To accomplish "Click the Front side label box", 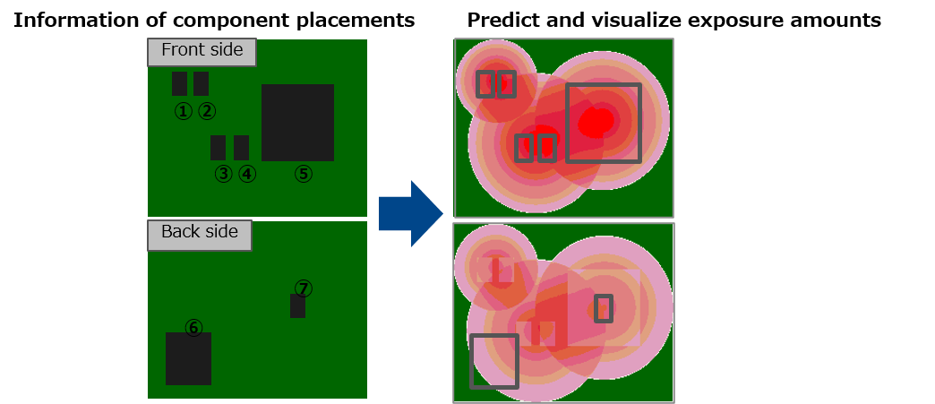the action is [202, 52].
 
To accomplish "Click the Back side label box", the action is [199, 235].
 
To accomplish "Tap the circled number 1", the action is [183, 110].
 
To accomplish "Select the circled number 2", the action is [206, 110].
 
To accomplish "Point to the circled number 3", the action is [223, 174].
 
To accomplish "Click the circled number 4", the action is [247, 174].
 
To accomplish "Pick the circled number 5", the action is [303, 174].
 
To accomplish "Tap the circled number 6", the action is [193, 327].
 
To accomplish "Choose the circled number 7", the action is [303, 288].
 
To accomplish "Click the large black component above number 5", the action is [297, 123].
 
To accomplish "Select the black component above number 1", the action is [179, 83].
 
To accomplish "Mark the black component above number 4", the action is [241, 148].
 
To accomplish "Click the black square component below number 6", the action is [188, 358].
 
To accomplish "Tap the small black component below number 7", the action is [297, 306].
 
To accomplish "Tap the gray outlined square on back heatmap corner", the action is [471, 361].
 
